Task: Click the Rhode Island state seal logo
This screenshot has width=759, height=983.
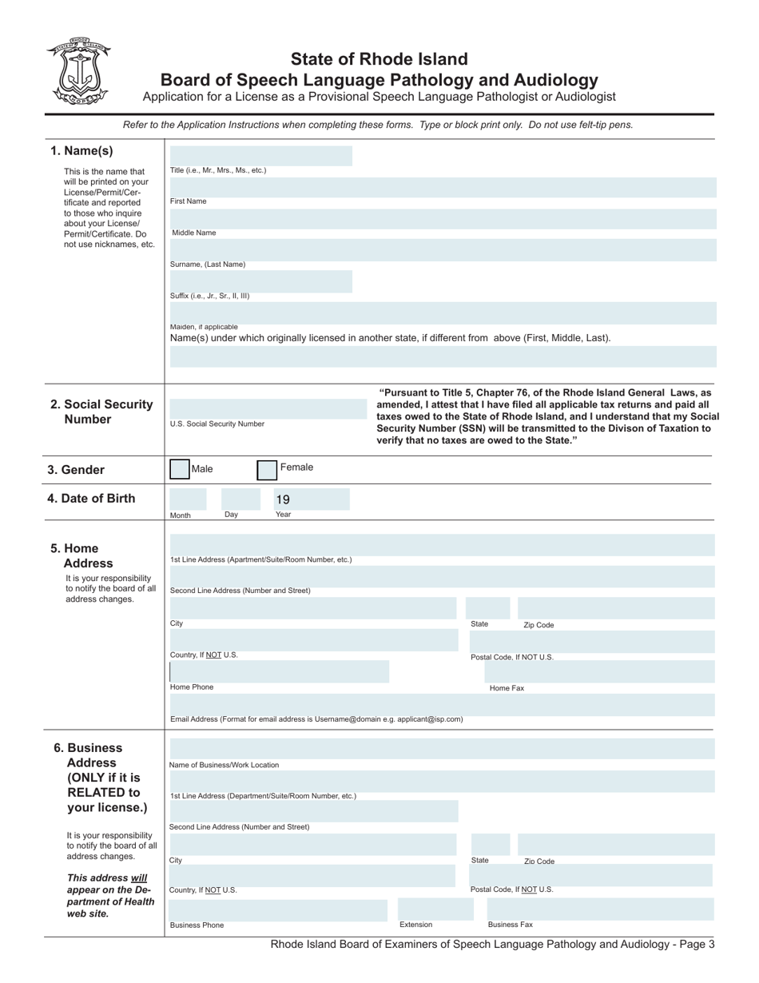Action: click(78, 70)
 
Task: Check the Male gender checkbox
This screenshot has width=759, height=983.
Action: click(180, 469)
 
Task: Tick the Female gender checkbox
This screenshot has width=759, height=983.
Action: click(267, 469)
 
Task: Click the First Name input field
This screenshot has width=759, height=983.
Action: click(442, 187)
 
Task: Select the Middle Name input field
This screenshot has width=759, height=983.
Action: click(442, 218)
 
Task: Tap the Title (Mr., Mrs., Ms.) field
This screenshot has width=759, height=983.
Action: click(260, 155)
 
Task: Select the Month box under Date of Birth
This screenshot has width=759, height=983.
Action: click(189, 499)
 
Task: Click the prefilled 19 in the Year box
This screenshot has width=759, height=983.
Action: click(283, 499)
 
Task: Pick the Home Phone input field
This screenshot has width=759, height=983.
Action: click(279, 672)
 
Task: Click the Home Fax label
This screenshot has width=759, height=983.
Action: click(507, 687)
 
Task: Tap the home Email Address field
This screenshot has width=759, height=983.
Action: click(442, 704)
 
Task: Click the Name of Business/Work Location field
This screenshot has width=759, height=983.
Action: click(442, 749)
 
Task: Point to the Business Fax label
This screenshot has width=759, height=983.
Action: click(510, 925)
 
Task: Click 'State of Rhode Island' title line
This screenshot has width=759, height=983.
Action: click(379, 59)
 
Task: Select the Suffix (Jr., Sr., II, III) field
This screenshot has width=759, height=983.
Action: click(260, 281)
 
